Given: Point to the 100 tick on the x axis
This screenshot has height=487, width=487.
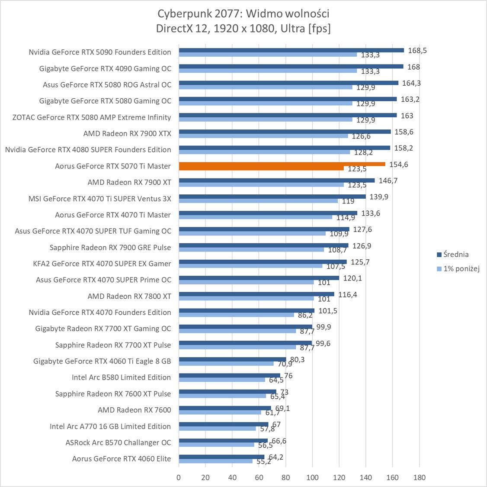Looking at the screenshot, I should point(312,477).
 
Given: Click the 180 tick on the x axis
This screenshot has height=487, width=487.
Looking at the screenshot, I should point(419,477).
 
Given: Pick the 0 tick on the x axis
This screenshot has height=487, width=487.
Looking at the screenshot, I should point(179,477).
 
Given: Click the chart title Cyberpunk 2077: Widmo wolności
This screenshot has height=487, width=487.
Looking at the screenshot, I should point(243,14).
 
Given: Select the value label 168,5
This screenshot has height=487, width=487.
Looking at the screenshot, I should point(417,51).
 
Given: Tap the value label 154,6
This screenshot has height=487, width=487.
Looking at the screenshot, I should point(398,164).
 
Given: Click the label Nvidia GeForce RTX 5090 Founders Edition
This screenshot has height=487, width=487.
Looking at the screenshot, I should point(100,52).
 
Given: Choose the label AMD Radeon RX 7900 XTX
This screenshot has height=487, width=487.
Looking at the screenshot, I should point(127,134).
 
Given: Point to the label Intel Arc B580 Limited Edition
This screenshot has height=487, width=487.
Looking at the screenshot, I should point(121,377).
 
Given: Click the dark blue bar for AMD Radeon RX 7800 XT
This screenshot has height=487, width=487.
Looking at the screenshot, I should point(256,294).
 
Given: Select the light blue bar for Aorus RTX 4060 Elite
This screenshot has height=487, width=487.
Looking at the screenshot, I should point(215,461).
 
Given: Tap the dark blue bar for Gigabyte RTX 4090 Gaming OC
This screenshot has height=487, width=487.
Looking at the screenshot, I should point(291,66).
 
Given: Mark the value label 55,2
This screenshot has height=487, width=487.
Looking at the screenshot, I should point(262,462).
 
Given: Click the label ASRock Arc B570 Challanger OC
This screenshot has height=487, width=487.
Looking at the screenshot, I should point(118,442).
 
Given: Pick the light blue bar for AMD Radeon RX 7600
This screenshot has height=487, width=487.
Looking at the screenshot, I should point(220,412).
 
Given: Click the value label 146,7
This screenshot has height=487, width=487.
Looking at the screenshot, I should point(388,181).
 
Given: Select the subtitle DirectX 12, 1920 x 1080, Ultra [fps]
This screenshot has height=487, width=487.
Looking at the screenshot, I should point(243,29).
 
